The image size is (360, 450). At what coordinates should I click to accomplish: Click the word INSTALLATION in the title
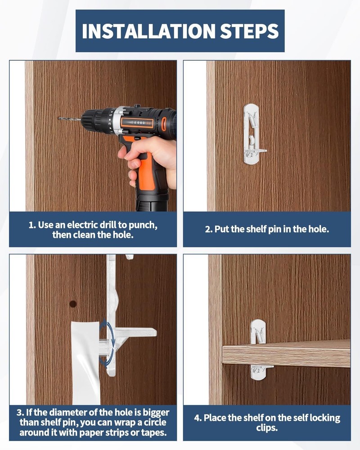[x=148, y=31]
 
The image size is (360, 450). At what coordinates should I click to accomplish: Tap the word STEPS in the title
[x=249, y=31]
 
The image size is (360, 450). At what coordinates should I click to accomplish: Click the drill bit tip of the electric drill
[x=59, y=118]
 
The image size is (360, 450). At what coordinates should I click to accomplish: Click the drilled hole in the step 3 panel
[x=73, y=304]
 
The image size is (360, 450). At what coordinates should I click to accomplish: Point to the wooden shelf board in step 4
[x=286, y=353]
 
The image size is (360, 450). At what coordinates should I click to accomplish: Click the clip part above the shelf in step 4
[x=258, y=332]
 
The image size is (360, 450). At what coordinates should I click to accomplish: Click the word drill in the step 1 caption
[x=104, y=225]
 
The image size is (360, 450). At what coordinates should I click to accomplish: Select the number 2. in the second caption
[x=209, y=229]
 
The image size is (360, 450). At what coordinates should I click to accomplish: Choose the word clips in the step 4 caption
[x=267, y=427]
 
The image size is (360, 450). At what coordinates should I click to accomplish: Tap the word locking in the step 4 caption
[x=324, y=418]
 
